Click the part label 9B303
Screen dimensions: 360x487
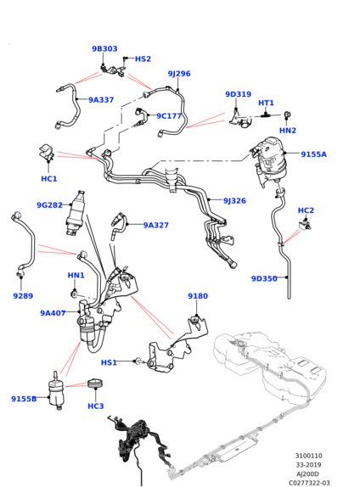point(104,48)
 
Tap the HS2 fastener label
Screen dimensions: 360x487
point(143,59)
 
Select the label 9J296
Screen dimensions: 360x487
point(179,74)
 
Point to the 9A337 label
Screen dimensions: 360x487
point(101,100)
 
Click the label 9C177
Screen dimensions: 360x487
point(169,116)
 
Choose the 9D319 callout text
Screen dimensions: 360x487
point(238,94)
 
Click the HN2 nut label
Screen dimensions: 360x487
point(288,131)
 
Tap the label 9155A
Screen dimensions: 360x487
point(313,154)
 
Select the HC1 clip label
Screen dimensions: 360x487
point(49,178)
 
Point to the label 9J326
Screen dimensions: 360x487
point(234,200)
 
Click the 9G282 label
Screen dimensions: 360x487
point(50,205)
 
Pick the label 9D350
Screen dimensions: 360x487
point(264,278)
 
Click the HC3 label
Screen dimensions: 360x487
point(95,406)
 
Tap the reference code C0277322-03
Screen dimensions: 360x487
point(309,483)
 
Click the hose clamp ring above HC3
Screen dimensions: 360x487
point(95,383)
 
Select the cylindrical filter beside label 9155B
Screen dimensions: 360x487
point(58,391)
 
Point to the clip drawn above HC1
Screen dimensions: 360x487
point(47,152)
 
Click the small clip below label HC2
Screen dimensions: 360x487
point(305,224)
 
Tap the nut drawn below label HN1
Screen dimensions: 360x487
point(74,293)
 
